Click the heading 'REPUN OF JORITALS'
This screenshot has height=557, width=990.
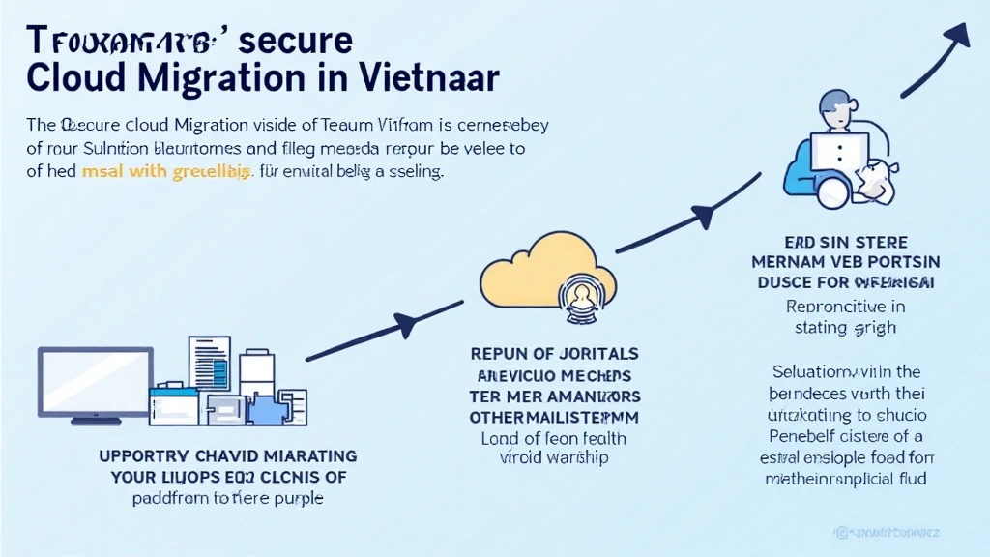[554, 355]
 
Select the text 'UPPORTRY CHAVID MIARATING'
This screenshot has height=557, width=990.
[228, 455]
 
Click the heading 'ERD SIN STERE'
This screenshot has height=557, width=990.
[847, 242]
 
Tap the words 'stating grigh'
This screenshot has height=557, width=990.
[846, 327]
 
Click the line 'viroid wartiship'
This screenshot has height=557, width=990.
[554, 457]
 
